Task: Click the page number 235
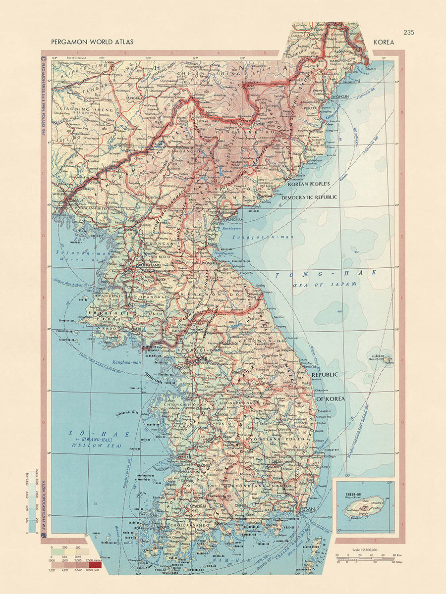[408, 33]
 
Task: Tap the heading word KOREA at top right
[385, 43]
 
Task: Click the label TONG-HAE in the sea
[326, 273]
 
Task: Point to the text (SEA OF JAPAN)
[324, 284]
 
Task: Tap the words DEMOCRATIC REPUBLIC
[309, 197]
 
